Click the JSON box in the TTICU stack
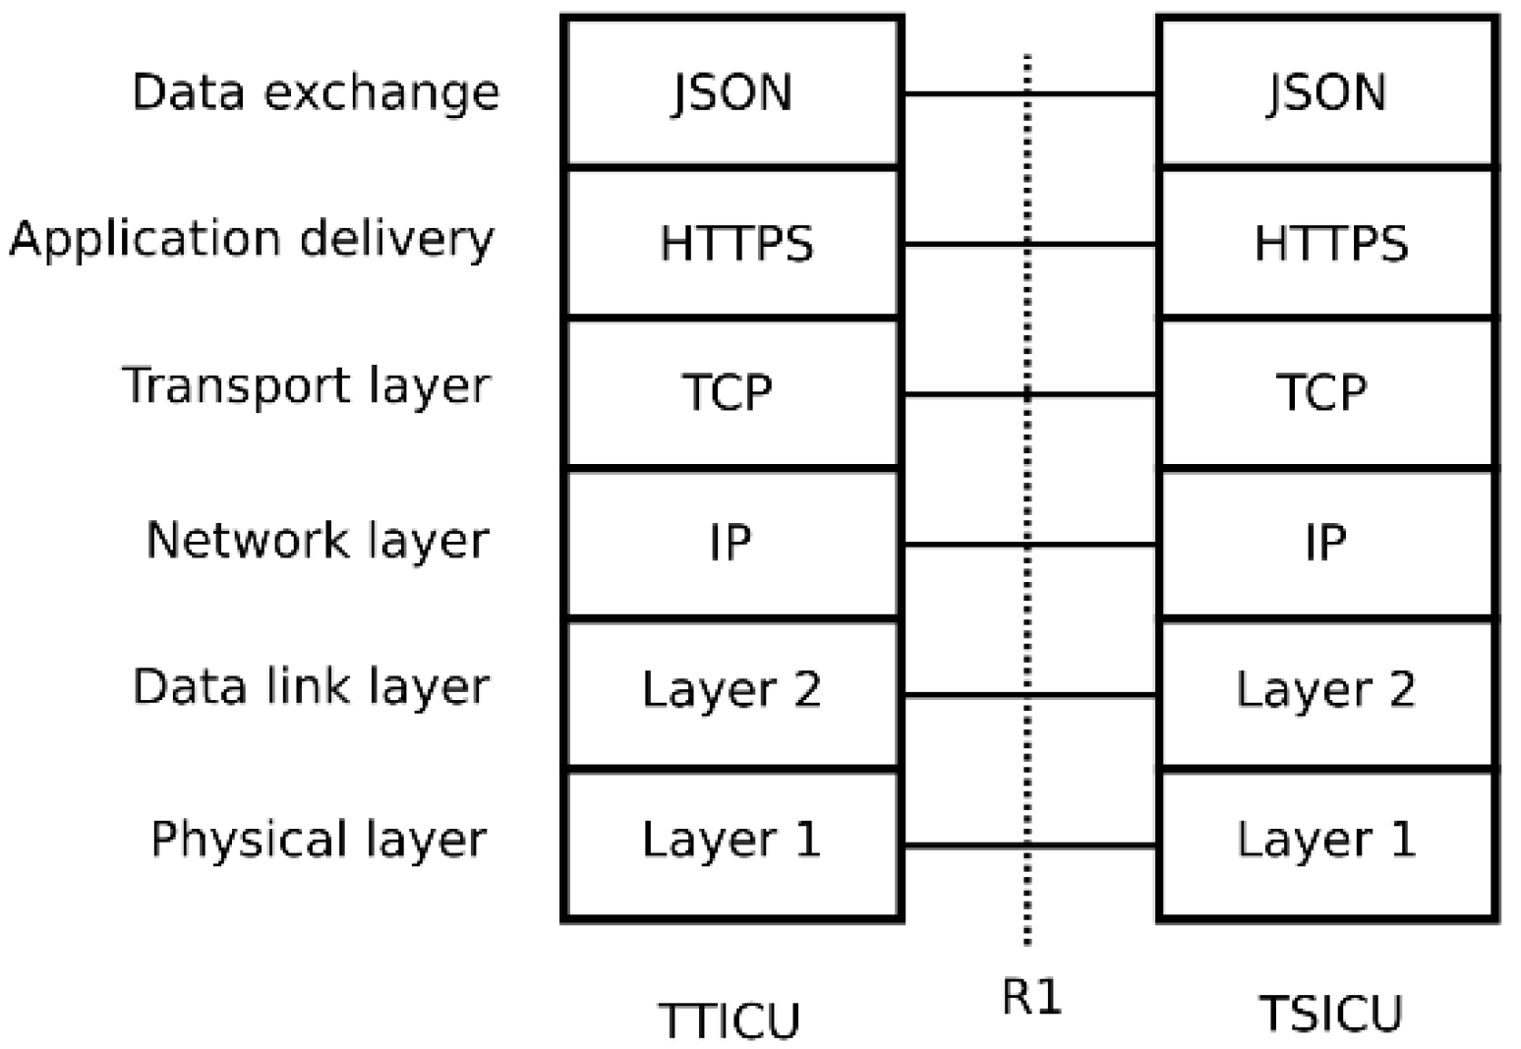(732, 92)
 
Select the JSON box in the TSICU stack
(1327, 92)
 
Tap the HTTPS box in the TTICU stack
(732, 243)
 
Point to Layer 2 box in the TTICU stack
(732, 691)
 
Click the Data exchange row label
(316, 92)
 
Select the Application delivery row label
(252, 239)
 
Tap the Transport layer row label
(306, 386)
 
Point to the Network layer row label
(317, 541)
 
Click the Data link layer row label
(311, 687)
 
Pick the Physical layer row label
(319, 841)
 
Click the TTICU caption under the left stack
(729, 1020)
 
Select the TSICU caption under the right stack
(1330, 1014)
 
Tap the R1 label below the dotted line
(1031, 998)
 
